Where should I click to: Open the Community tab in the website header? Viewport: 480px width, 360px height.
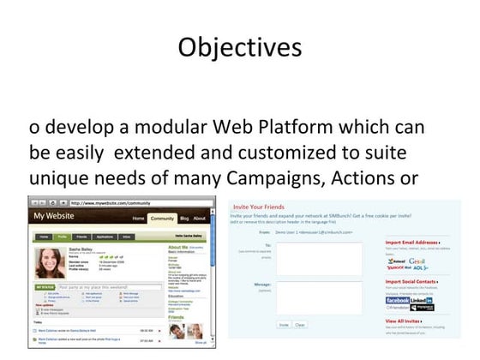(x=162, y=218)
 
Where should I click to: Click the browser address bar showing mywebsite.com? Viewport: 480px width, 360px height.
(x=129, y=203)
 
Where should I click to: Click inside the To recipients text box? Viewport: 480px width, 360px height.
(x=331, y=258)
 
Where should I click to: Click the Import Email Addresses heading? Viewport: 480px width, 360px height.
(x=417, y=243)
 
